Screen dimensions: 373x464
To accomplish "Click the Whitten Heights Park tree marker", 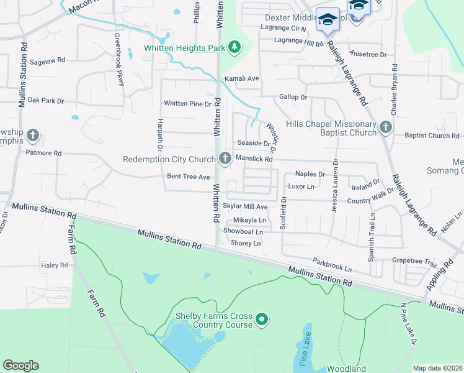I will [x=234, y=47].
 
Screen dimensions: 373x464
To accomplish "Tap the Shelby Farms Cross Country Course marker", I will [x=262, y=320].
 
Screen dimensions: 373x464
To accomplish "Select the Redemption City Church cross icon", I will [x=223, y=159].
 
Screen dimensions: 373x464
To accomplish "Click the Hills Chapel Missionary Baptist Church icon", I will [x=385, y=128].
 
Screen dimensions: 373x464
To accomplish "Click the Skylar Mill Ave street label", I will [x=245, y=206].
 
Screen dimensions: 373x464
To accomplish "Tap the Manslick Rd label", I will [x=254, y=159].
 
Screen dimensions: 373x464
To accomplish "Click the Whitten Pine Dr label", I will [x=187, y=103].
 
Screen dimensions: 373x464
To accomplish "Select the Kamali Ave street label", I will [x=241, y=79].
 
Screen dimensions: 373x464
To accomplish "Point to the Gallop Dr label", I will [x=293, y=97].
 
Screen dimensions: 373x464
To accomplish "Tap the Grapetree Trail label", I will [x=414, y=261].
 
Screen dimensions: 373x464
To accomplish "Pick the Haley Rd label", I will [x=55, y=265].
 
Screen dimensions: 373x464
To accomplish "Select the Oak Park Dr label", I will [x=46, y=100].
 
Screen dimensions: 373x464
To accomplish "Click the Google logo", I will [x=20, y=366].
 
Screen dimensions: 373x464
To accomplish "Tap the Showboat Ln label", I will [x=243, y=232].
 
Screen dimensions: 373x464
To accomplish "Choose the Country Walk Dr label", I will [x=370, y=201].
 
